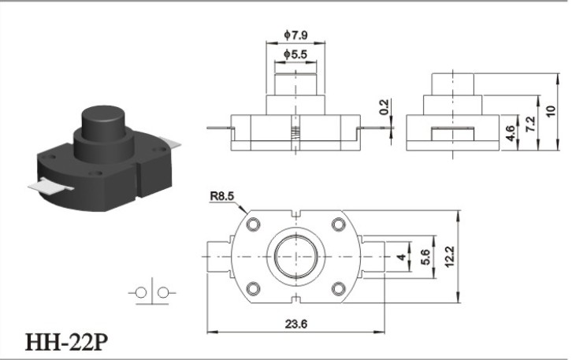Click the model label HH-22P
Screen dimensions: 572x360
click(66, 342)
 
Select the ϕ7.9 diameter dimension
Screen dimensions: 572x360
click(296, 35)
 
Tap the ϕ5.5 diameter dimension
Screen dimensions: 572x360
click(295, 54)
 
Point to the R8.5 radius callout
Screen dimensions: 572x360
click(222, 196)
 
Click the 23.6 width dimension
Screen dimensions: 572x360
click(296, 324)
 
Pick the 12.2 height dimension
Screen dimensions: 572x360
click(450, 257)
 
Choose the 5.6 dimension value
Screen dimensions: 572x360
click(425, 257)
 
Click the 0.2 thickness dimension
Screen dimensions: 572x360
click(384, 107)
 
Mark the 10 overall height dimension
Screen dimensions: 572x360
click(551, 110)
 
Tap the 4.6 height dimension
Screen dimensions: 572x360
click(511, 133)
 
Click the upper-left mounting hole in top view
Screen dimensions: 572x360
click(253, 224)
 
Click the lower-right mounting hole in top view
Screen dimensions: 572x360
click(339, 289)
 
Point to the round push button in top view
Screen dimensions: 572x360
click(296, 257)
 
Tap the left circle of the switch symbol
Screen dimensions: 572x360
click(141, 292)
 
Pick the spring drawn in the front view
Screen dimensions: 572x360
click(296, 132)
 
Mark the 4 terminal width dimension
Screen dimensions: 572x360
click(402, 257)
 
